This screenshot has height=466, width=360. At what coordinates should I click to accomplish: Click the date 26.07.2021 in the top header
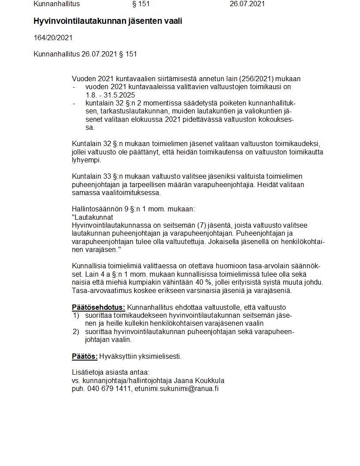(x=247, y=4)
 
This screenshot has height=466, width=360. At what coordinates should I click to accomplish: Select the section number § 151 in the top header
(x=141, y=4)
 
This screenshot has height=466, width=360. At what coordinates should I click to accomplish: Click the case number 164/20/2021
(x=53, y=38)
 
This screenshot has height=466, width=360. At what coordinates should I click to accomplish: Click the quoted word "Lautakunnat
(x=92, y=218)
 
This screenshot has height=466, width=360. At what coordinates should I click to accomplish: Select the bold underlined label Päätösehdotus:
(x=98, y=307)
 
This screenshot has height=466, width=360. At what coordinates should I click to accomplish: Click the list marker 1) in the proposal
(x=76, y=316)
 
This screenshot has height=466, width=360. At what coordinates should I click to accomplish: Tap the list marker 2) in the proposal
(x=76, y=332)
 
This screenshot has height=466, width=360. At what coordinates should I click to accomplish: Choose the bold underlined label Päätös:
(x=85, y=356)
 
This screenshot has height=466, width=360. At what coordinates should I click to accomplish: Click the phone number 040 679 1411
(x=110, y=388)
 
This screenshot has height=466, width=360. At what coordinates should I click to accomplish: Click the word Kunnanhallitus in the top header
(x=57, y=4)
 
